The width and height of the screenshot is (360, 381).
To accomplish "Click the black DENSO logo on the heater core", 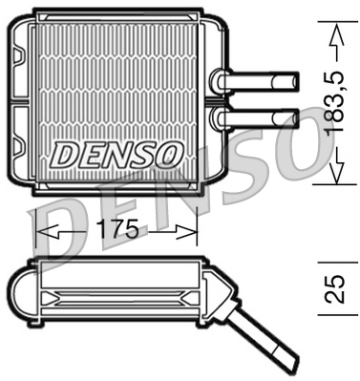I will pyautogui.click(x=116, y=153).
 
